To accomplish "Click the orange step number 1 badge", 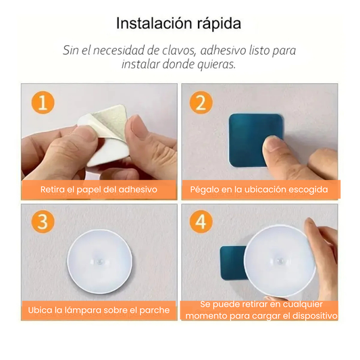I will click(43, 103).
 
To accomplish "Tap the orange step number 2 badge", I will click(201, 103).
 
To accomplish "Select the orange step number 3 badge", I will click(43, 222).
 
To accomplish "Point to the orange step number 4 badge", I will click(201, 222).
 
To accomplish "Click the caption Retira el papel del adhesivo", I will click(99, 190).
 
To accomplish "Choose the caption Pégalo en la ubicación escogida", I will click(259, 190).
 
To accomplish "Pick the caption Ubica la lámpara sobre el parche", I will click(99, 310).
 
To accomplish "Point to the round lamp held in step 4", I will click(281, 259).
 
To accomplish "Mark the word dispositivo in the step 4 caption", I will click(310, 315).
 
